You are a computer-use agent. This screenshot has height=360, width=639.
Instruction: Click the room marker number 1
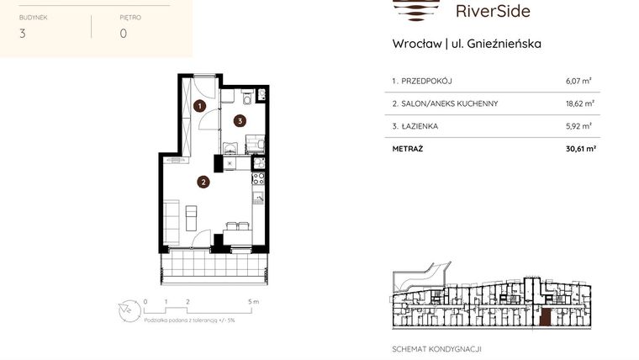[x=200, y=106]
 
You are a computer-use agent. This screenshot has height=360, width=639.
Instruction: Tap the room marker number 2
[x=203, y=181]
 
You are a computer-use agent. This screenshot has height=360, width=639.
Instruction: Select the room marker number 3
[x=240, y=120]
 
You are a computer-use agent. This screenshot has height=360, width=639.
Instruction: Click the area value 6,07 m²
[x=578, y=82]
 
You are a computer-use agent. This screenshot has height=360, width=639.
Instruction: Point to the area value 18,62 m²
[x=579, y=103]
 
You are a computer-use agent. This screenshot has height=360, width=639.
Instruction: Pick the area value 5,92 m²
[x=578, y=126]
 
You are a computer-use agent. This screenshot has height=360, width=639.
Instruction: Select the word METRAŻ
[x=407, y=148]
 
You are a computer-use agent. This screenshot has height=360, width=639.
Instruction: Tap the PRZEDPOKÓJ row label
[x=422, y=82]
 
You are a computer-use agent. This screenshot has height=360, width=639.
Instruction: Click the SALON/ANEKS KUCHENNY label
[x=445, y=103]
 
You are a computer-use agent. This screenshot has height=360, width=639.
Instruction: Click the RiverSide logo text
[x=493, y=11]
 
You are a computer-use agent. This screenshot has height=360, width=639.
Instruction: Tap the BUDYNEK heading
[x=34, y=17]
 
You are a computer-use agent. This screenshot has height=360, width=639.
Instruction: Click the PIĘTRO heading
[x=130, y=17]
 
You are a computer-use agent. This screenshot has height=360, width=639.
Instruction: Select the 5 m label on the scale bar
[x=253, y=300]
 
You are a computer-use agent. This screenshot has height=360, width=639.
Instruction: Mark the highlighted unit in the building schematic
[x=546, y=317]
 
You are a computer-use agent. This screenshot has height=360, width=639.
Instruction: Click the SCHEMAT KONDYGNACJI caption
[x=436, y=348]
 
